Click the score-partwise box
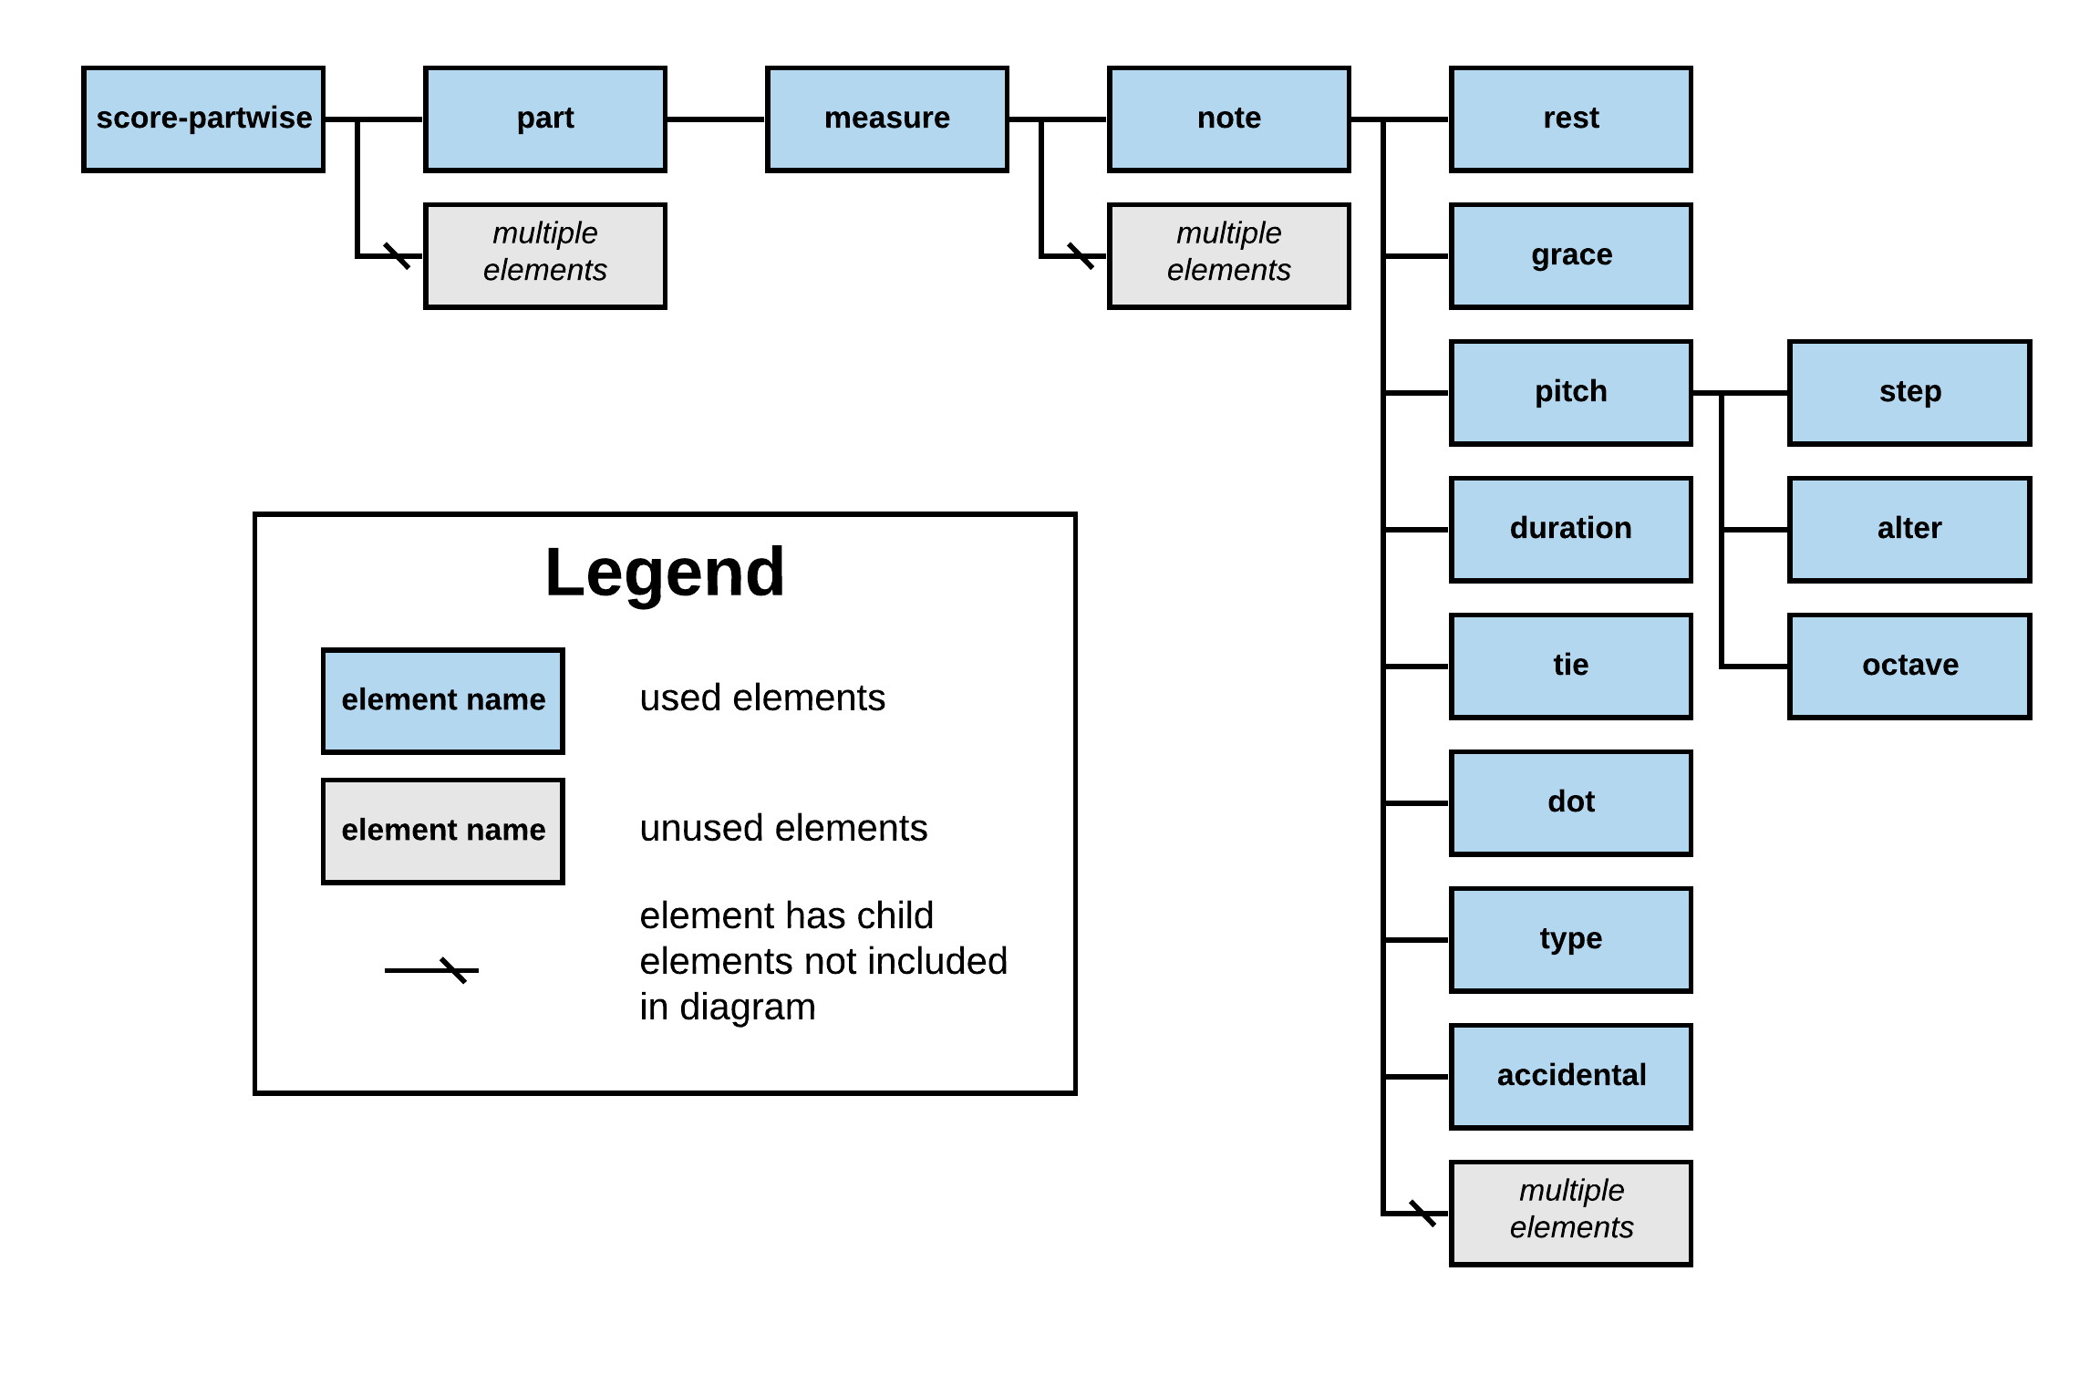(x=203, y=119)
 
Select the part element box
(x=545, y=119)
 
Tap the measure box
(x=887, y=119)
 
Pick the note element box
(x=1228, y=119)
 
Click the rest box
(x=1570, y=119)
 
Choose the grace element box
(x=1570, y=255)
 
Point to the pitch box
(x=1570, y=392)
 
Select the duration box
(x=1570, y=529)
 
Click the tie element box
(x=1570, y=666)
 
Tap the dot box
(x=1570, y=802)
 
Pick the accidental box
(x=1570, y=1076)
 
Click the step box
(x=1909, y=392)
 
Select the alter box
(x=1909, y=529)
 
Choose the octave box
(x=1909, y=666)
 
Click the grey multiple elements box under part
(x=545, y=255)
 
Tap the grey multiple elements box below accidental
(x=1570, y=1213)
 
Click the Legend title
(x=665, y=573)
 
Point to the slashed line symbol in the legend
(x=432, y=970)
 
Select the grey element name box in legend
(x=443, y=831)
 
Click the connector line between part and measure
(x=716, y=119)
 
